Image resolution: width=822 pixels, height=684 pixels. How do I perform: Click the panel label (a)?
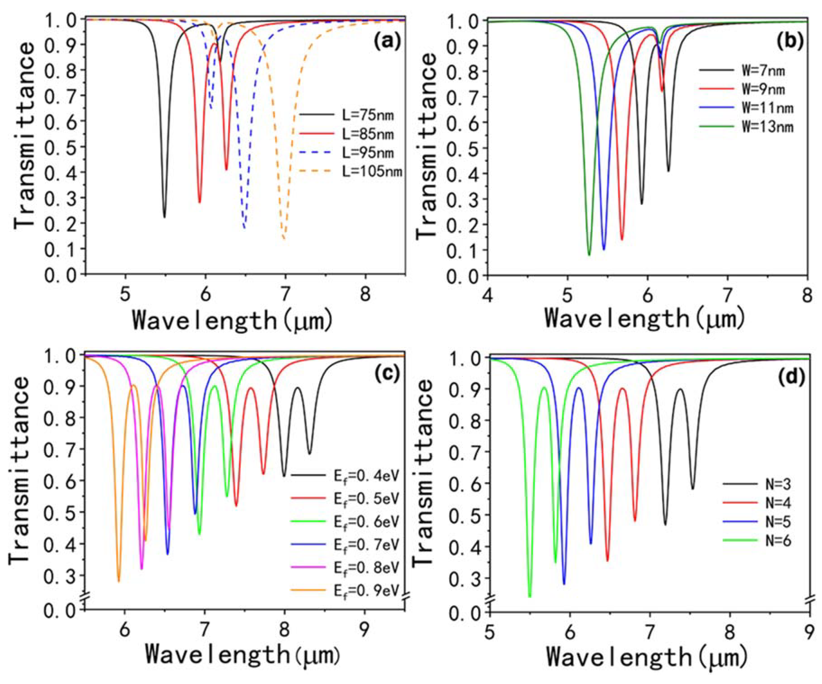pyautogui.click(x=387, y=40)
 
